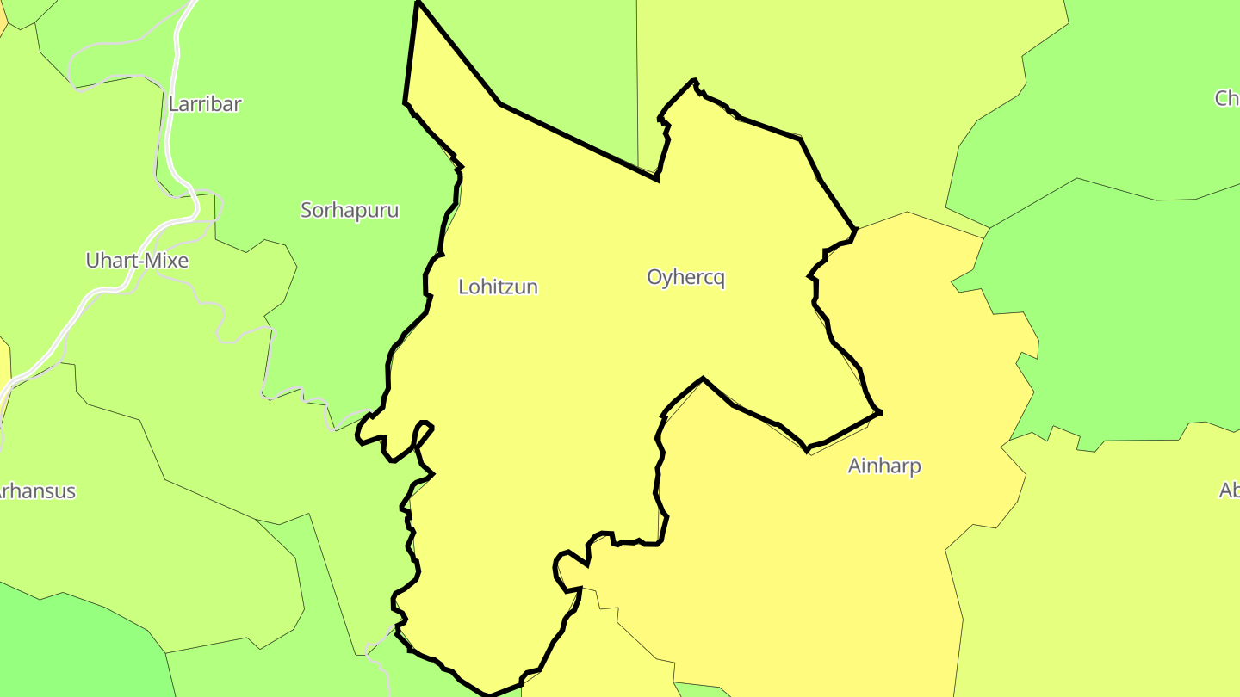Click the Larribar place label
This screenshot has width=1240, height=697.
coord(205,104)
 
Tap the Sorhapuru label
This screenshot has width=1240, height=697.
coord(350,210)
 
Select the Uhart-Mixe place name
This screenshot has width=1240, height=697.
coord(137,261)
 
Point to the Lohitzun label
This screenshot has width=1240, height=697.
coord(498,287)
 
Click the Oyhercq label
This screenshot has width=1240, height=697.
coord(685,277)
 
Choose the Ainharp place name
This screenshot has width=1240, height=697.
coord(884,466)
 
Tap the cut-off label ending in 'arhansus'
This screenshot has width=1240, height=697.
coord(36,491)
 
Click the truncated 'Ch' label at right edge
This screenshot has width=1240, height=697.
coord(1227,98)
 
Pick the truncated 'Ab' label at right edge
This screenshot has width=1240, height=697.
coord(1230,490)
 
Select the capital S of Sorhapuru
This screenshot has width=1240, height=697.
coord(306,210)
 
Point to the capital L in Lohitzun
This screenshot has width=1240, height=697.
coord(463,287)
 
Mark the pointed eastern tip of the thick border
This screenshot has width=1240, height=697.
coord(880,412)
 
